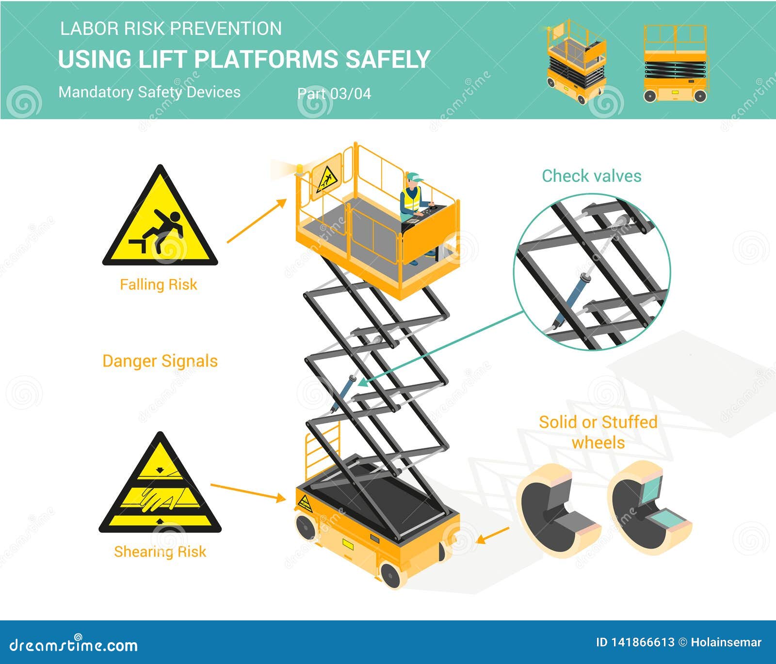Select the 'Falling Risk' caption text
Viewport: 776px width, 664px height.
pyautogui.click(x=159, y=285)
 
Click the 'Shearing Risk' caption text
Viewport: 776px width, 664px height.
pyautogui.click(x=160, y=552)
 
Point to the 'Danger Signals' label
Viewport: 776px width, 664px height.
pyautogui.click(x=160, y=361)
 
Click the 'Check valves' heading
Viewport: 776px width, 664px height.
pyautogui.click(x=591, y=176)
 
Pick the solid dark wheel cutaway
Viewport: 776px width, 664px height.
pyautogui.click(x=558, y=511)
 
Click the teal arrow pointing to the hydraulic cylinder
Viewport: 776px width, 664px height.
pyautogui.click(x=441, y=347)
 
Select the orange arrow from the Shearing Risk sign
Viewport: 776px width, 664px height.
pyautogui.click(x=247, y=491)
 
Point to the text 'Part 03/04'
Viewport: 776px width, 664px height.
pyautogui.click(x=334, y=94)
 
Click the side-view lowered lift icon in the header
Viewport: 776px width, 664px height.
pyautogui.click(x=675, y=64)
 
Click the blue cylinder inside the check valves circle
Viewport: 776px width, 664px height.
pyautogui.click(x=572, y=299)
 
